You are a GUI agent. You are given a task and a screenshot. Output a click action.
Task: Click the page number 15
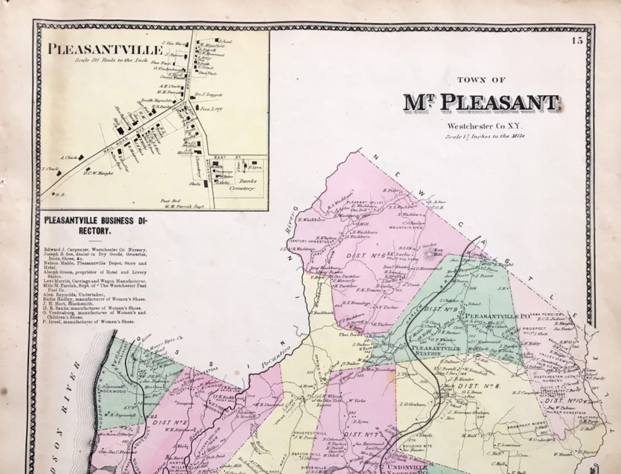click(577, 40)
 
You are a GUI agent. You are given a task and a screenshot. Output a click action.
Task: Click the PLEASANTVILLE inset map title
click(105, 50)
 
